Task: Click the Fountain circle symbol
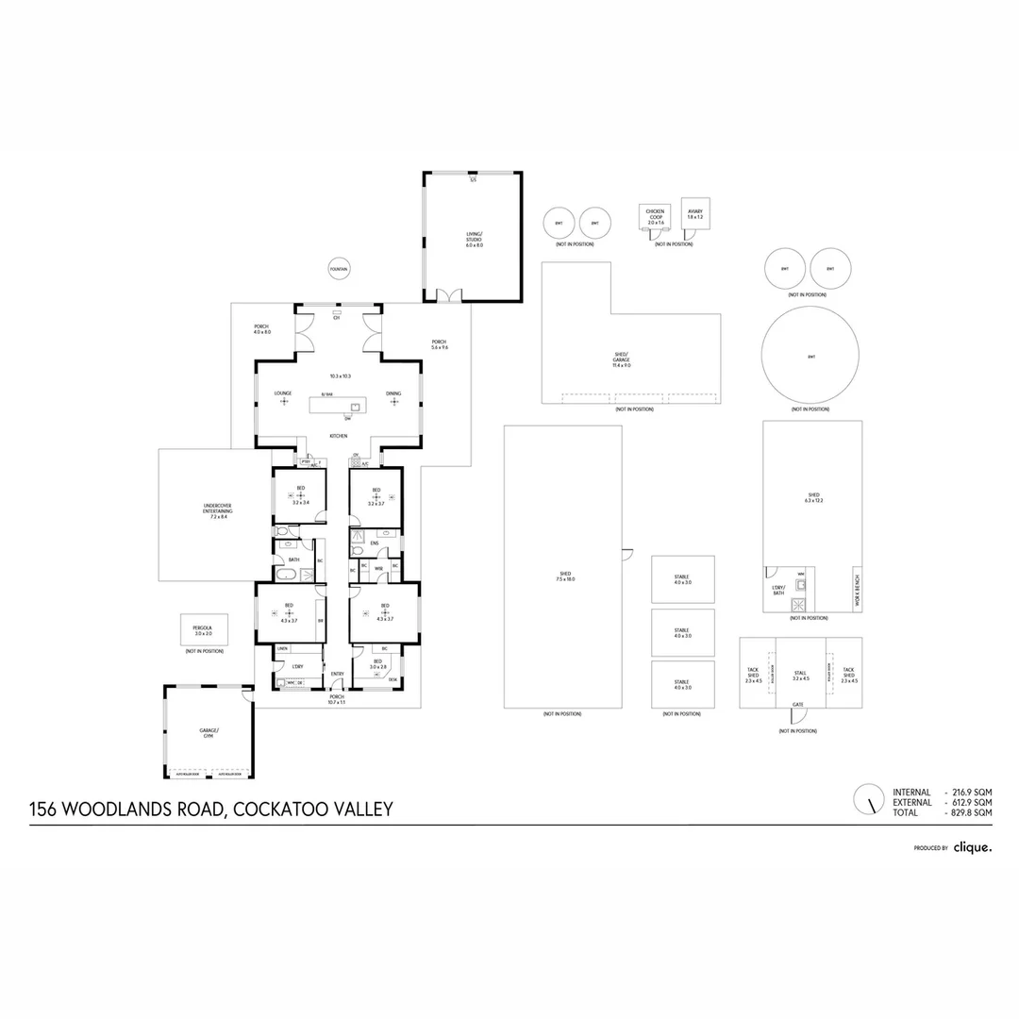pos(339,270)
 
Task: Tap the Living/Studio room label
pos(474,238)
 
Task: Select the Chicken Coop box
pos(656,217)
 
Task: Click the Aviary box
pos(695,214)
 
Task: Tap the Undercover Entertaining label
pos(217,510)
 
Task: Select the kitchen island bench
pos(338,405)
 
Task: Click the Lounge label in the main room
pos(283,393)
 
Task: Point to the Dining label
pos(393,393)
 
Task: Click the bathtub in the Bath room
pos(285,574)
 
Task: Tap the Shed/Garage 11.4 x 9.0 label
pos(621,358)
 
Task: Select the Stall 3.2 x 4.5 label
pos(800,674)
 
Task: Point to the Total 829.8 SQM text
pos(943,812)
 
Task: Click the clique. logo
pos(972,847)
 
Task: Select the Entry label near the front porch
pos(337,673)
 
